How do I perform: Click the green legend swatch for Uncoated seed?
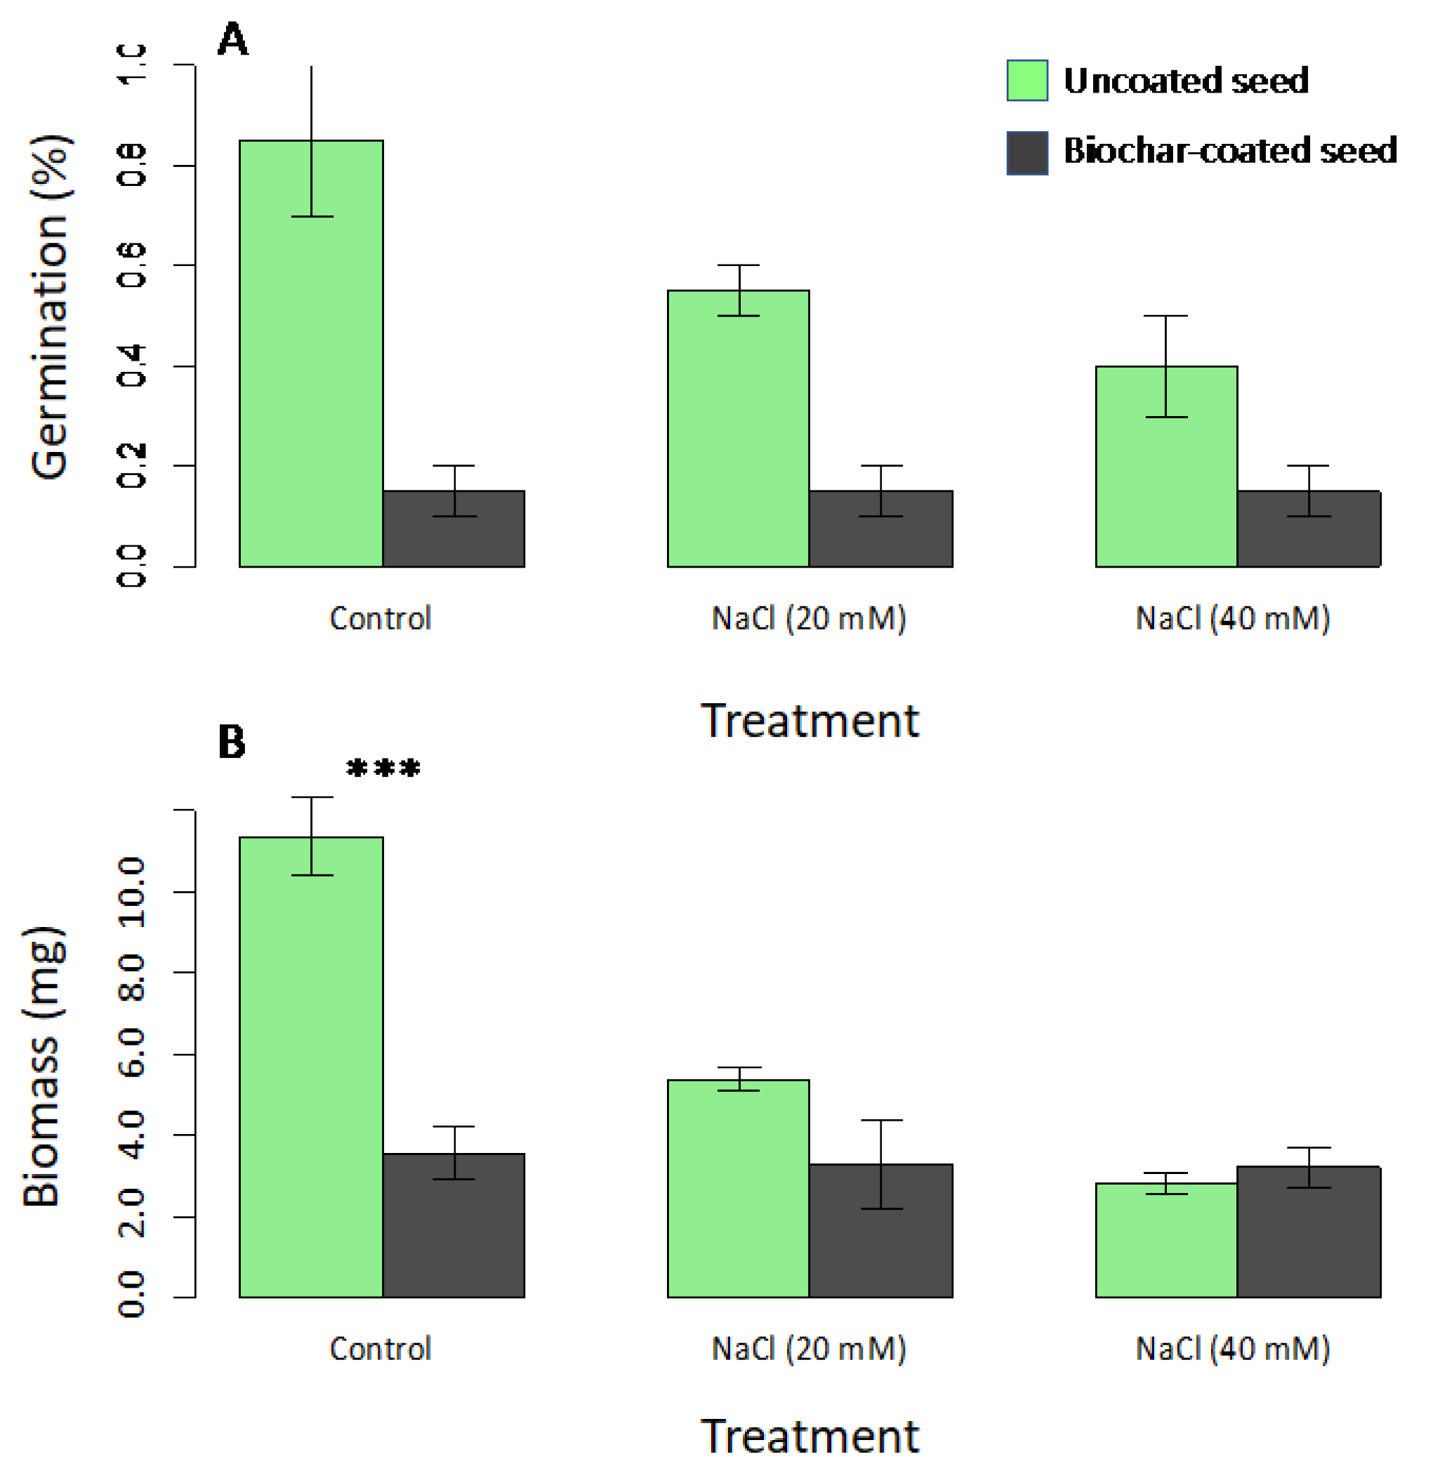coord(1026,81)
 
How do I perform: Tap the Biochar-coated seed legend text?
coord(1229,151)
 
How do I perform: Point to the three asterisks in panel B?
coord(383,770)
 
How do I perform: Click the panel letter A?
coord(232,39)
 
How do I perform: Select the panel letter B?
coord(232,742)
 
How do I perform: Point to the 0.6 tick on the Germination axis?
coord(131,265)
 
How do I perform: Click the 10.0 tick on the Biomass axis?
coord(131,891)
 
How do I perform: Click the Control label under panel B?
coord(381,1349)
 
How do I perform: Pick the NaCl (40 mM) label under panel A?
coord(1233,618)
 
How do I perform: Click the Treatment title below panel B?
coord(810,1436)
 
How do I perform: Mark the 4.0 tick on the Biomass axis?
coord(131,1135)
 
